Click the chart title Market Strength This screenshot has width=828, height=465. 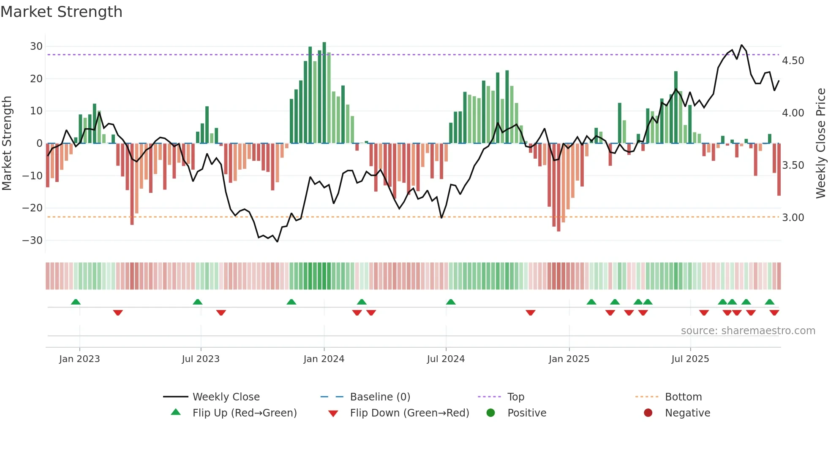61,12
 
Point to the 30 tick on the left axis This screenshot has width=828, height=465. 36,46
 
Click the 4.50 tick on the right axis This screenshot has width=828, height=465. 793,61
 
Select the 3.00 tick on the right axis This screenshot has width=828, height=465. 793,218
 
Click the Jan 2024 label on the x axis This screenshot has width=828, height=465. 324,359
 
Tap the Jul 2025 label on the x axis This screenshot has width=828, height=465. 690,359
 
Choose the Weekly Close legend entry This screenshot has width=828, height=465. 226,397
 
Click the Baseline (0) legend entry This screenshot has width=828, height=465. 380,397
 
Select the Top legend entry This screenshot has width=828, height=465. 515,397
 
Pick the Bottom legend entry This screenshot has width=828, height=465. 683,397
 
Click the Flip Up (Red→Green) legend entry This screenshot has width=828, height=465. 245,413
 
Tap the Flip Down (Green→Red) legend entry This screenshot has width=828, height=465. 409,413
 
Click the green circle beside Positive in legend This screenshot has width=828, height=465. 490,413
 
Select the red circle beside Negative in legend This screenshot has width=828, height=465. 648,413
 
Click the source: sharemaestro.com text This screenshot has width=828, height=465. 748,331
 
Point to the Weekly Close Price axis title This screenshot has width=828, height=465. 820,143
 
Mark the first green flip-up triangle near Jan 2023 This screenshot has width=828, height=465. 76,302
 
